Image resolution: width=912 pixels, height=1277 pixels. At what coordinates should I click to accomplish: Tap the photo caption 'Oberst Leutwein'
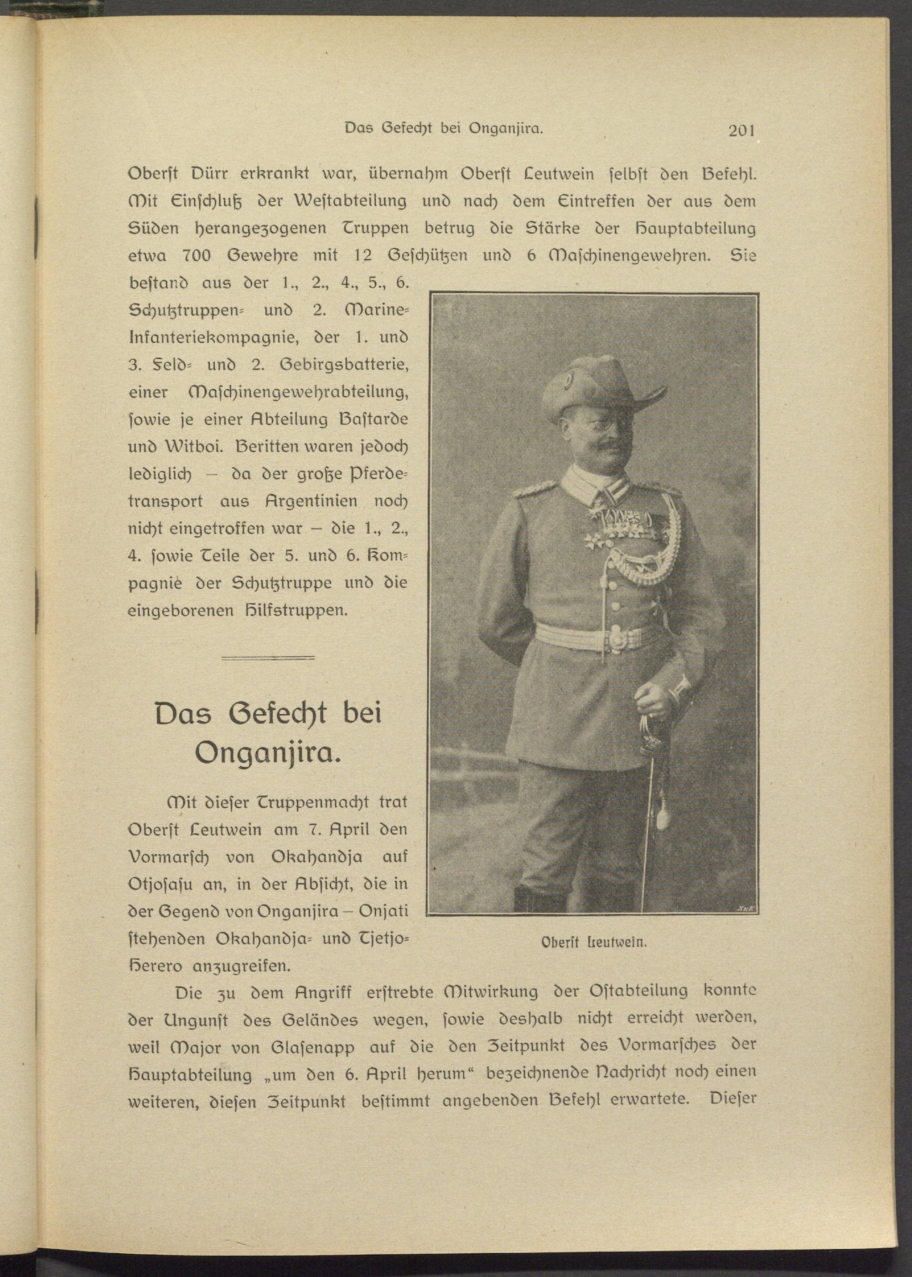[x=594, y=942]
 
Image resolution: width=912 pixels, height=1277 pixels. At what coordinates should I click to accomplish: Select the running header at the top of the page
[x=443, y=129]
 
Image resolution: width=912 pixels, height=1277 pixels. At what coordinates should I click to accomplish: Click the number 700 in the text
[x=197, y=256]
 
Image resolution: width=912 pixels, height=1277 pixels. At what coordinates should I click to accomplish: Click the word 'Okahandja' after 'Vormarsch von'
[x=316, y=857]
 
